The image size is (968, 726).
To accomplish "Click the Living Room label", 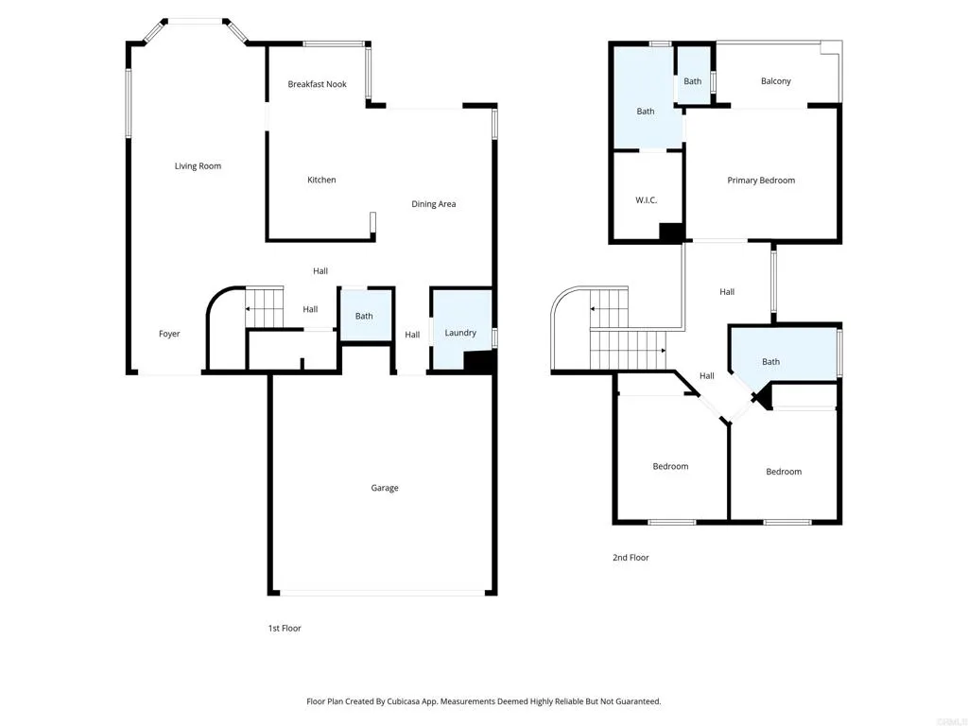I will [x=198, y=166].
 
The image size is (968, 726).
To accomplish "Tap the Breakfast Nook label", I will [x=317, y=84].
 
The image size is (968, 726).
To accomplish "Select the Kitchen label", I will [x=321, y=180].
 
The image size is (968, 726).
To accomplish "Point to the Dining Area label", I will [x=434, y=204].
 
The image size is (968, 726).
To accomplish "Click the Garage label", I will [x=385, y=488].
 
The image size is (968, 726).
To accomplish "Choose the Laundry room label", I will [x=461, y=333].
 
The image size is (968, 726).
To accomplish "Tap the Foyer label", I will [x=169, y=334].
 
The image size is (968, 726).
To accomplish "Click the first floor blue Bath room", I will [x=365, y=316].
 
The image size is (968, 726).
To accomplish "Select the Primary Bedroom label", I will [x=761, y=181].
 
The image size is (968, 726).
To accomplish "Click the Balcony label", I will [x=776, y=81].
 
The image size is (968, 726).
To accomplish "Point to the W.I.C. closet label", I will [x=647, y=200].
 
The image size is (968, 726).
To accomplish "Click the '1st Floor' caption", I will [x=285, y=628].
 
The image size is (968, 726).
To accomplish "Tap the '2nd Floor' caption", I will [x=631, y=558].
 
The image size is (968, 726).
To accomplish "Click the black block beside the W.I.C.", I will [x=671, y=233].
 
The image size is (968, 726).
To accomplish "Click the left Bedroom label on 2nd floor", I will [x=670, y=466].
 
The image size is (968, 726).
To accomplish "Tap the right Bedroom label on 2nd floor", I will [x=784, y=472].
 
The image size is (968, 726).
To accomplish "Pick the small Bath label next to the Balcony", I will [x=693, y=81].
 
